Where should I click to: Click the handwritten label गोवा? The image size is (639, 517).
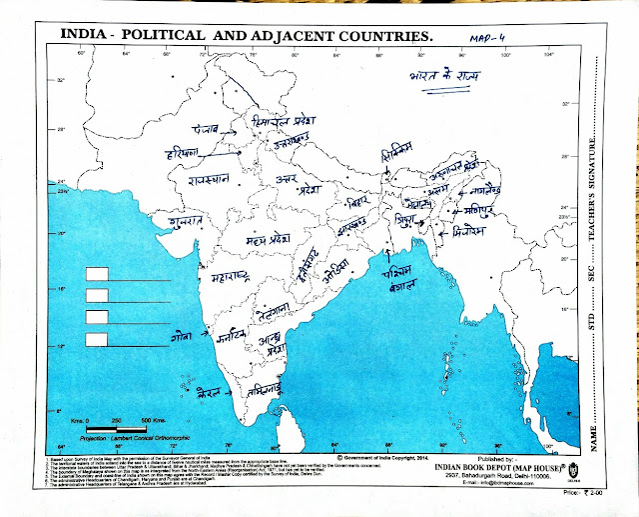click(x=181, y=338)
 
